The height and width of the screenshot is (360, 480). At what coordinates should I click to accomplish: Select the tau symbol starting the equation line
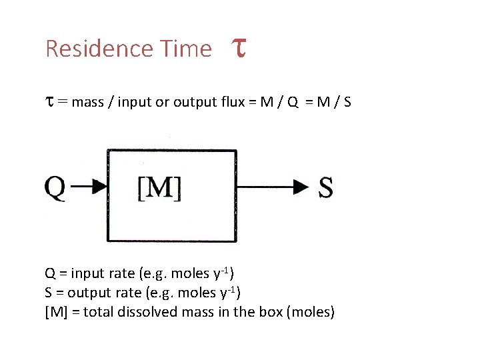tap(49, 102)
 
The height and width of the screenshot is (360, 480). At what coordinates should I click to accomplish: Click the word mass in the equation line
tap(89, 102)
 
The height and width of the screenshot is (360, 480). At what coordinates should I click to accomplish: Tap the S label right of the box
tap(326, 187)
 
